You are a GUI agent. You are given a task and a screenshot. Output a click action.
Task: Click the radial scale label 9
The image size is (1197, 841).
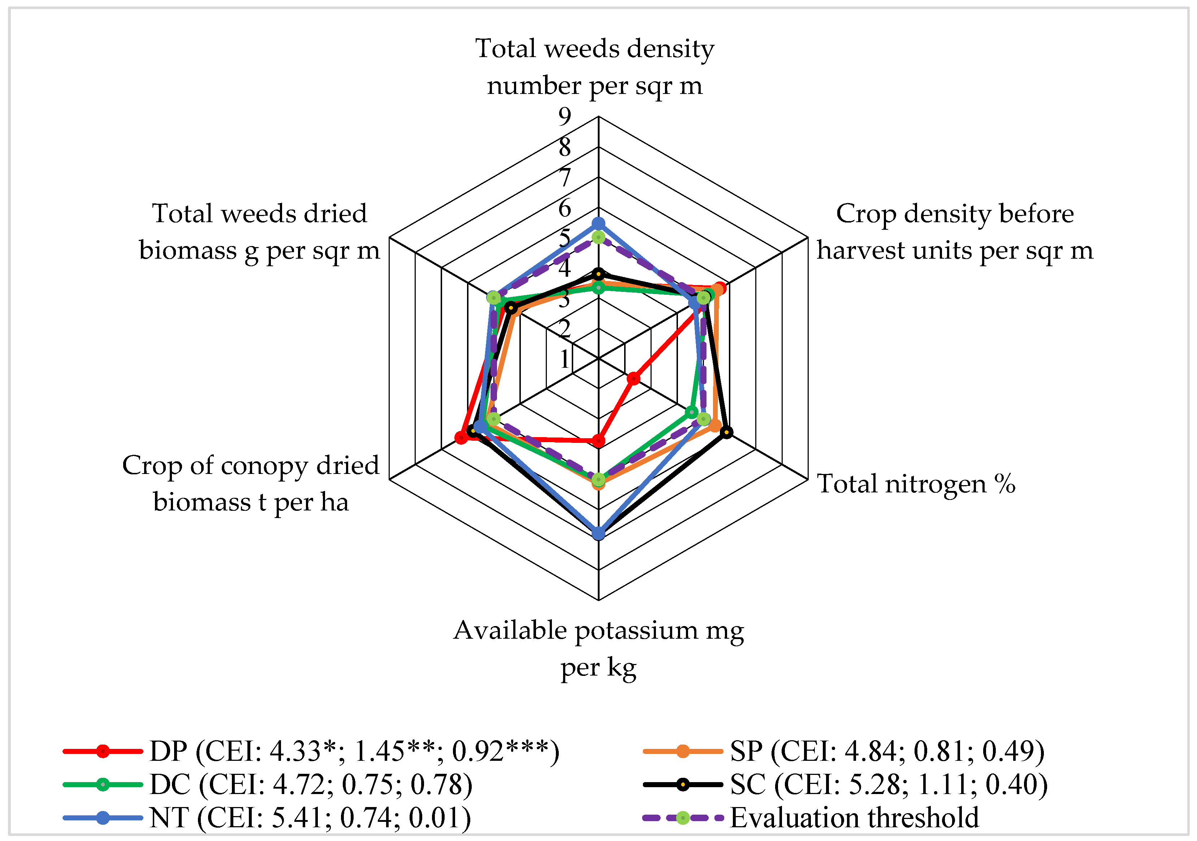pos(565,116)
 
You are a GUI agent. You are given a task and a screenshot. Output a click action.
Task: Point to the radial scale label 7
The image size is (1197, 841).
pos(565,178)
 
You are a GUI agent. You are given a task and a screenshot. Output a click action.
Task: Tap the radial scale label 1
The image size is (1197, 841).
pos(565,359)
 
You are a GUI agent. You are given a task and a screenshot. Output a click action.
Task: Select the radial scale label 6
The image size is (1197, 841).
pos(565,208)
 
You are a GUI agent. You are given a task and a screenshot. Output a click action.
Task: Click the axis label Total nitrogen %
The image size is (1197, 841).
pos(916,483)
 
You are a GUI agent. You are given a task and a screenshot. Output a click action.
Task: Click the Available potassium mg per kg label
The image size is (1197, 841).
pos(598,648)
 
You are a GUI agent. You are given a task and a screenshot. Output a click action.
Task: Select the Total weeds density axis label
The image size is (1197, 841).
pos(594,67)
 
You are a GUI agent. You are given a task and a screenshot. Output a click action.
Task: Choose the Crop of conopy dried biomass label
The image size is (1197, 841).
pos(250,483)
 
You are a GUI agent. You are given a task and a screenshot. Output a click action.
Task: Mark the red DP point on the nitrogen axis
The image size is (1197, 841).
pos(634,379)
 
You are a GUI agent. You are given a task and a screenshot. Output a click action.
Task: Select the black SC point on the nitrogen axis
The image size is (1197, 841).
pos(726,432)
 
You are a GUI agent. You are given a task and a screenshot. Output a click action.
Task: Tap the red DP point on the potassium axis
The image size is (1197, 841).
pos(599,441)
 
